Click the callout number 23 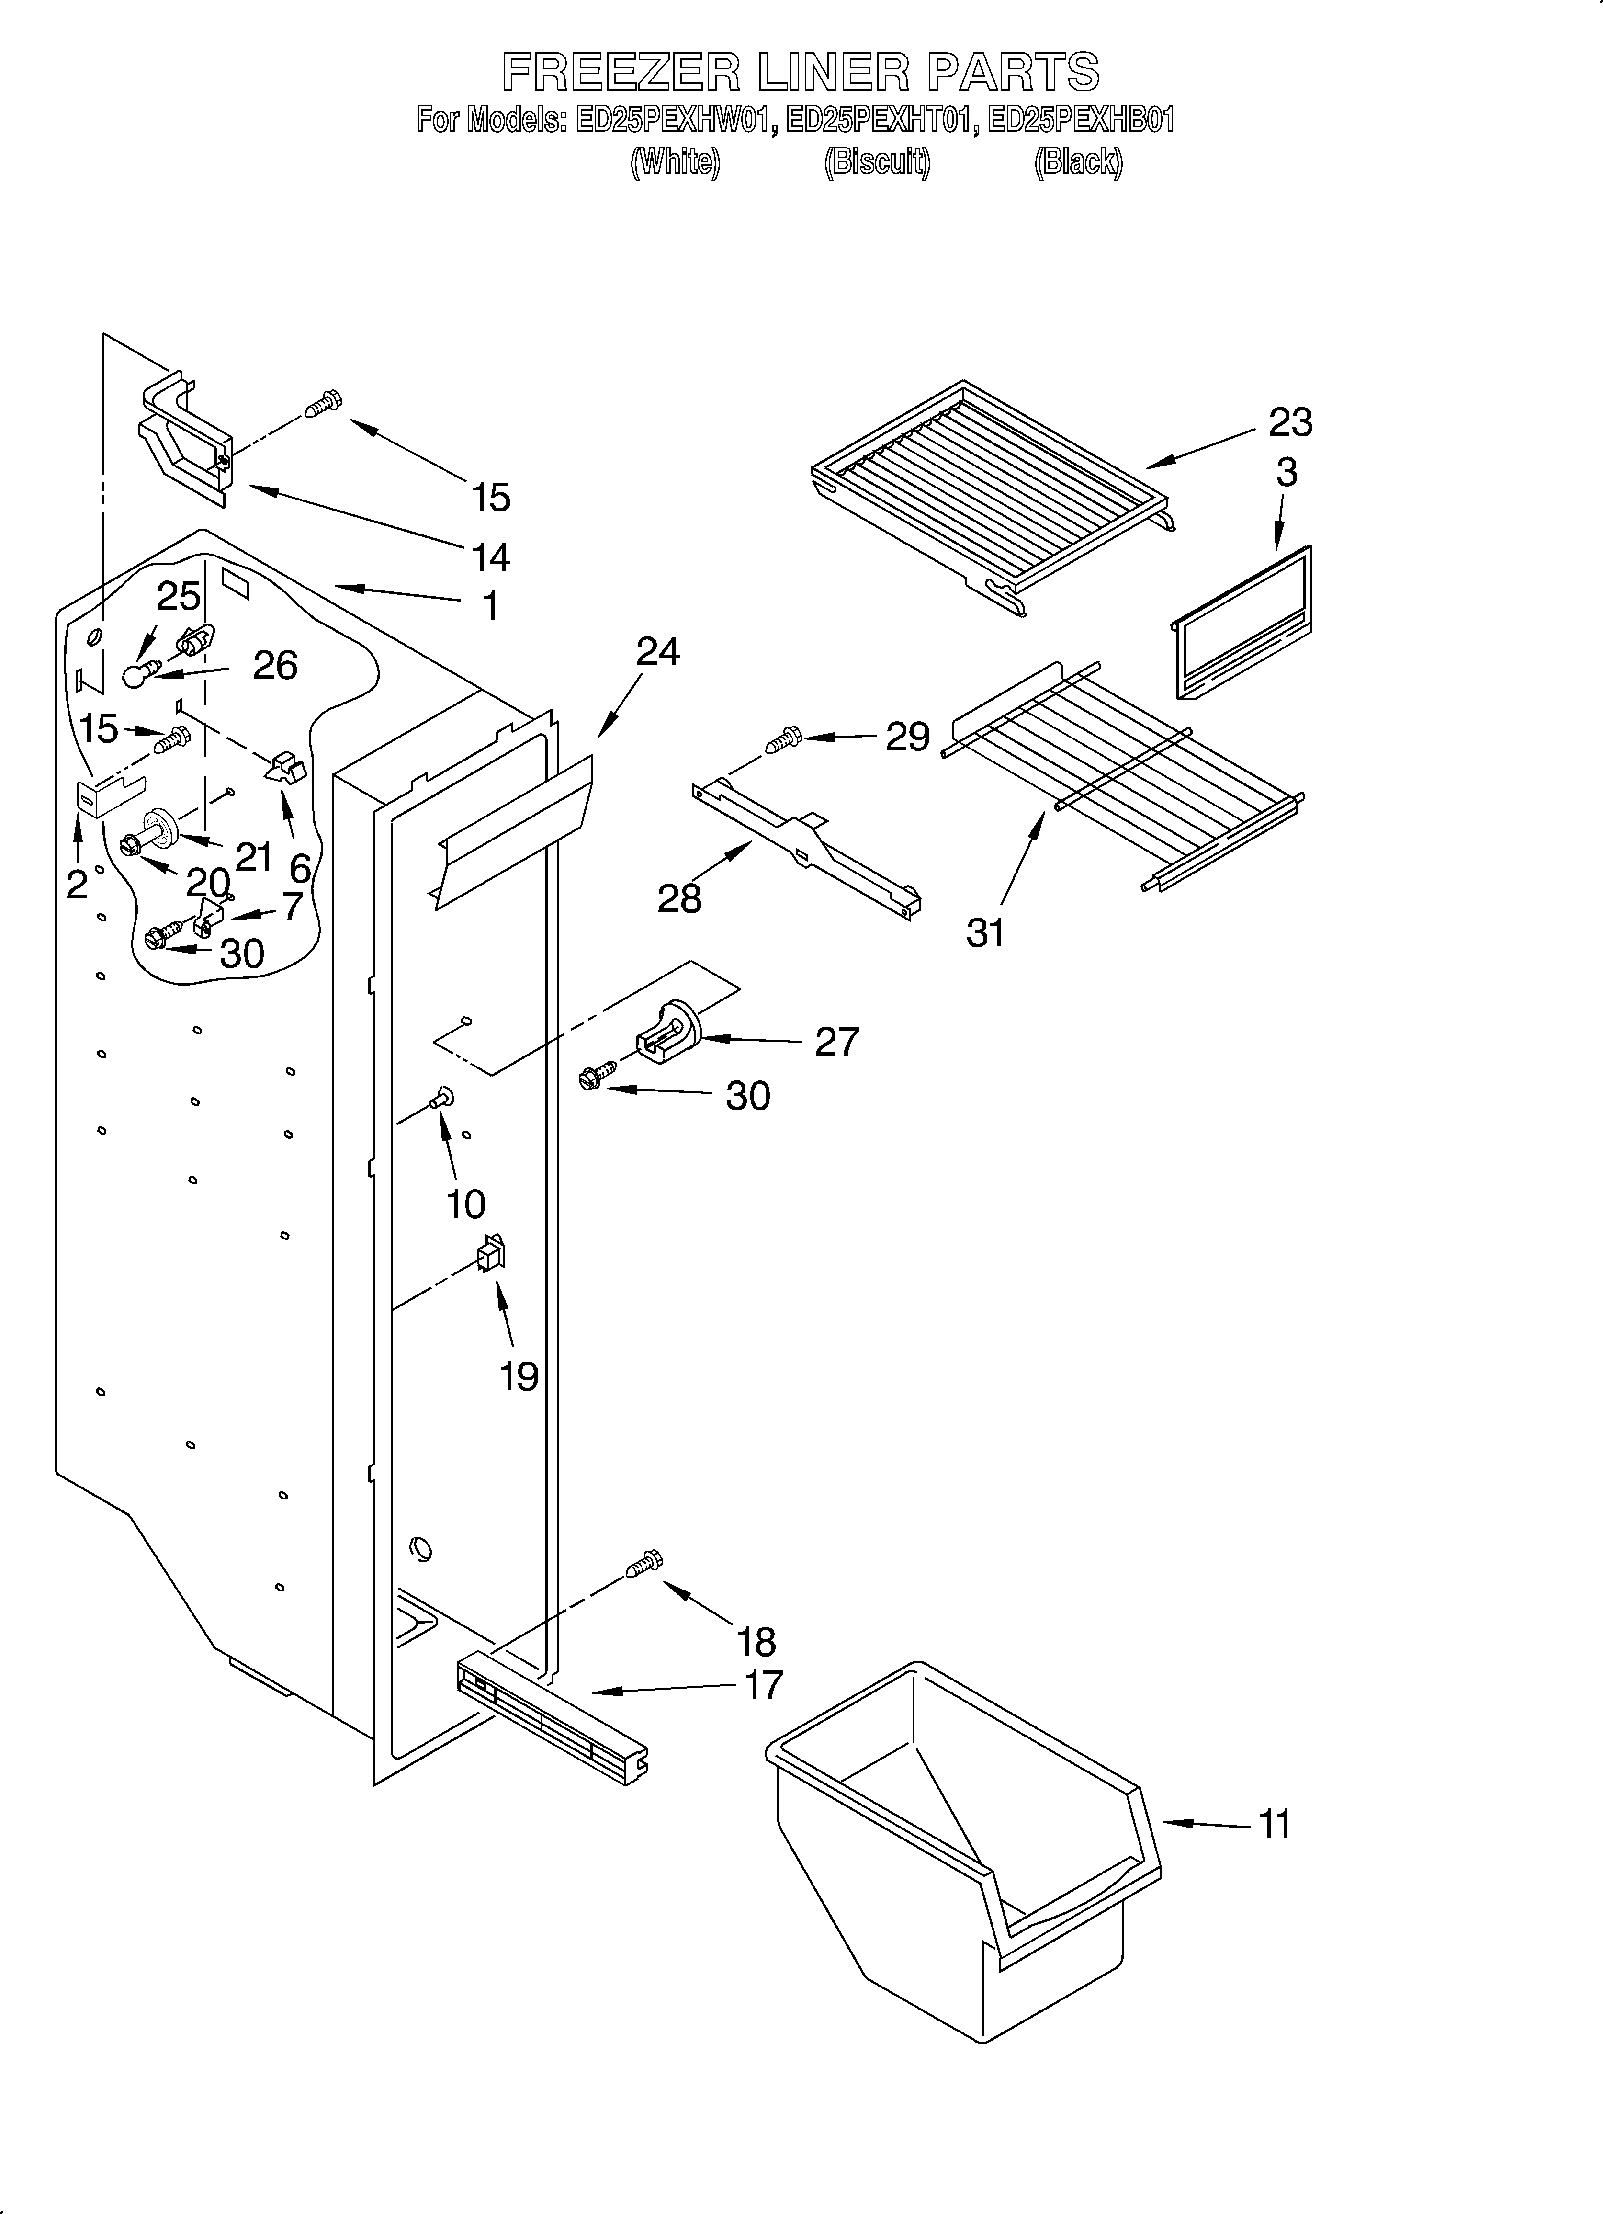pos(1289,423)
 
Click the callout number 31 pos(985,933)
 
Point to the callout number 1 pos(490,606)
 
